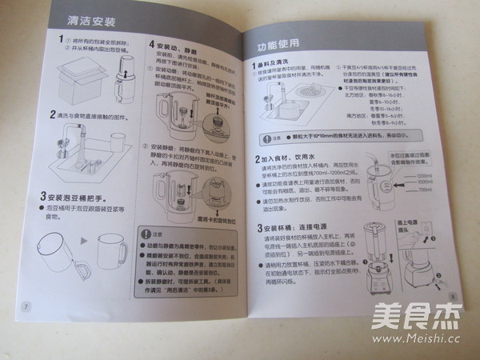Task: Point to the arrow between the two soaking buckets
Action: (x=82, y=239)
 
